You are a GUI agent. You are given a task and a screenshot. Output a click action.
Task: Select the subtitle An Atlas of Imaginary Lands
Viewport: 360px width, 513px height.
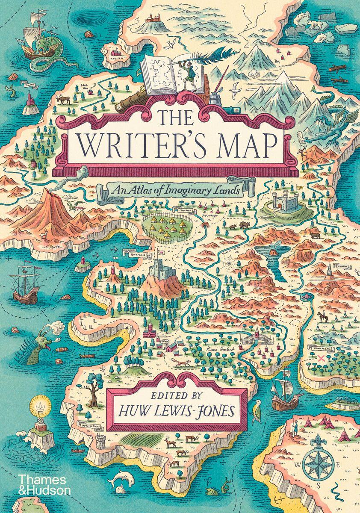click(x=174, y=189)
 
